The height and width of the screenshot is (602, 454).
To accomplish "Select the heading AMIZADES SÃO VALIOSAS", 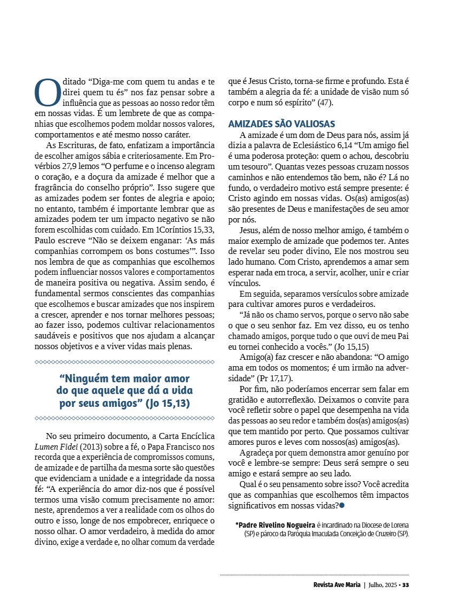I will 281,124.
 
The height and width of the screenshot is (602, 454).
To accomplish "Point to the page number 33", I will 405,584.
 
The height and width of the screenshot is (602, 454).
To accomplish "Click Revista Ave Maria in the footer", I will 337,584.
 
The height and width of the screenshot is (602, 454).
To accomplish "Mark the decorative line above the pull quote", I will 124,362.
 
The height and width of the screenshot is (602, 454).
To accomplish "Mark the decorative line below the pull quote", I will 124,418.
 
